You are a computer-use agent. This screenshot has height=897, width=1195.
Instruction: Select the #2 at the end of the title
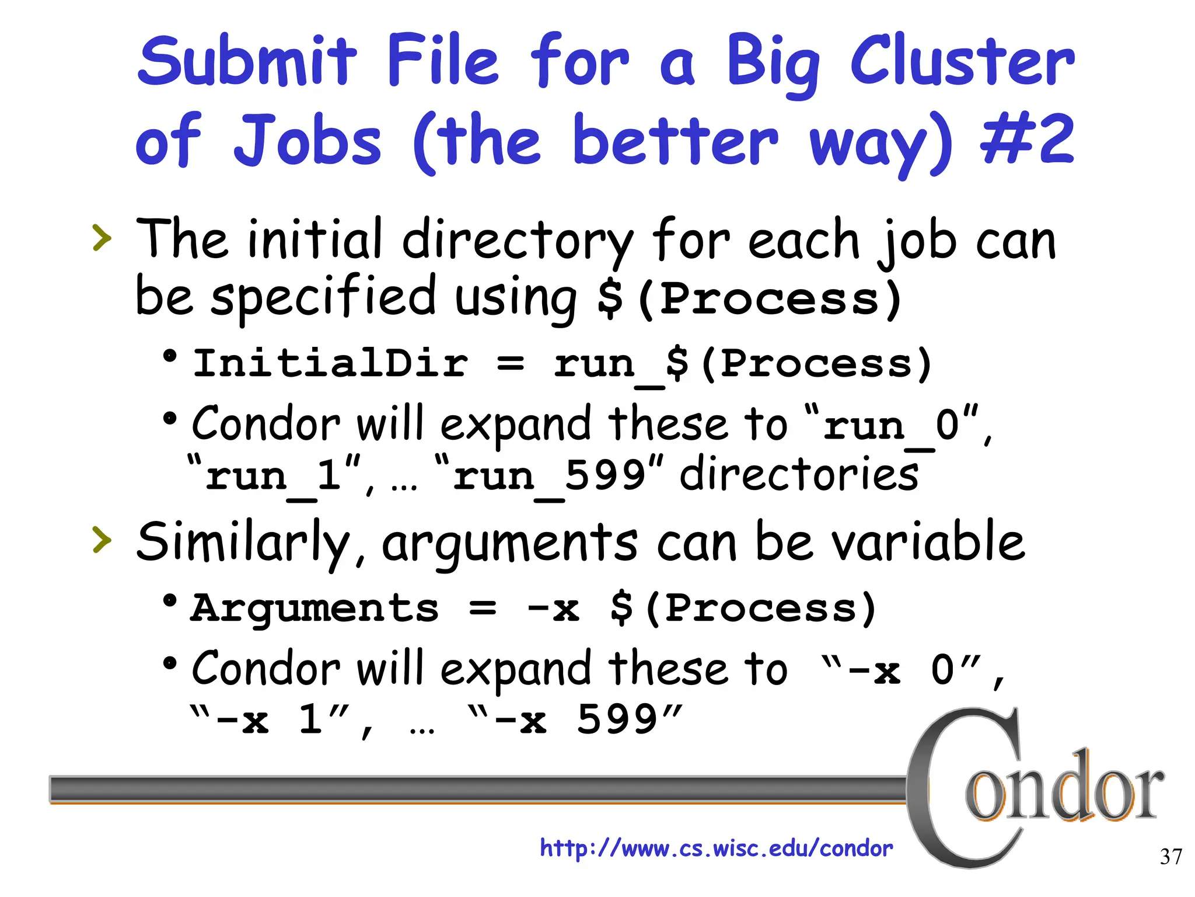[1027, 140]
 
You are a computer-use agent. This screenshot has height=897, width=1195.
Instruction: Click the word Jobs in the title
[308, 140]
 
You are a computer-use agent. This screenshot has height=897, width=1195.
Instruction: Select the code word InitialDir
[330, 363]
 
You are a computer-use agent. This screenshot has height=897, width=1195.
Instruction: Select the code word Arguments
[315, 609]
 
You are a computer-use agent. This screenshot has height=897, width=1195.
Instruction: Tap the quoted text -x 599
[575, 719]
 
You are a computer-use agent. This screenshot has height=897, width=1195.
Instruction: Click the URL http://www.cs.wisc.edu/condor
[716, 848]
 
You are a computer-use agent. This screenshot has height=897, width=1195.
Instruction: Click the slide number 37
[1170, 857]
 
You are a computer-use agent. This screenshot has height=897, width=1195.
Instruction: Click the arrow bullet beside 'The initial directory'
[102, 238]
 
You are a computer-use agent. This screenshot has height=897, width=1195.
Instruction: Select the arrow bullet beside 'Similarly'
[102, 540]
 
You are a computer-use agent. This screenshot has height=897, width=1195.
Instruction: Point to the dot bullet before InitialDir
[170, 356]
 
